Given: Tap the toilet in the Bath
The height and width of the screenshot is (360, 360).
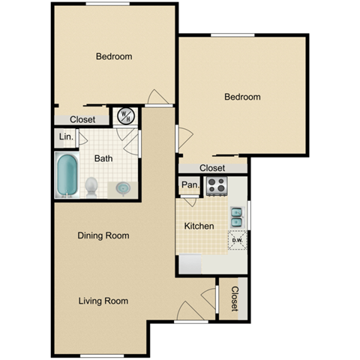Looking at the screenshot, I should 92,185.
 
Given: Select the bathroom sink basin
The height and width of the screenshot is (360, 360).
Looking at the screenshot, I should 121,187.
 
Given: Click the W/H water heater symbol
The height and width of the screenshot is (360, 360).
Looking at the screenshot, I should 125,116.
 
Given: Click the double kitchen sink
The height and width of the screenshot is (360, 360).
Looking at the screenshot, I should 236,216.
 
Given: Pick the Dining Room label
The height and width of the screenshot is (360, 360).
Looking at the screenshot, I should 103,235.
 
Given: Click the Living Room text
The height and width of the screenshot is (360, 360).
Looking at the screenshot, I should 103,301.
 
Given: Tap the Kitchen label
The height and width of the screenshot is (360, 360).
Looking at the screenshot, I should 199,226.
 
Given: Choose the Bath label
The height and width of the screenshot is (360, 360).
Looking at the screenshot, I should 103,158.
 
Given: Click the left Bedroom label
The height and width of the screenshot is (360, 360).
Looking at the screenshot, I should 114,56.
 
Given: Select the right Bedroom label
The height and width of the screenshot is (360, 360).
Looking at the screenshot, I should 242,97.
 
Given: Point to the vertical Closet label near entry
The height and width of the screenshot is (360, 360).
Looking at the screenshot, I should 235,299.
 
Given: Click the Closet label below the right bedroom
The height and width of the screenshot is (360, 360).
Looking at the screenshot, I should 213,168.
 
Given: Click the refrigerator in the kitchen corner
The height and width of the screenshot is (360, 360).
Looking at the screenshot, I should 190,265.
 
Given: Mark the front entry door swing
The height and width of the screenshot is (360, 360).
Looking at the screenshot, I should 189,307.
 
